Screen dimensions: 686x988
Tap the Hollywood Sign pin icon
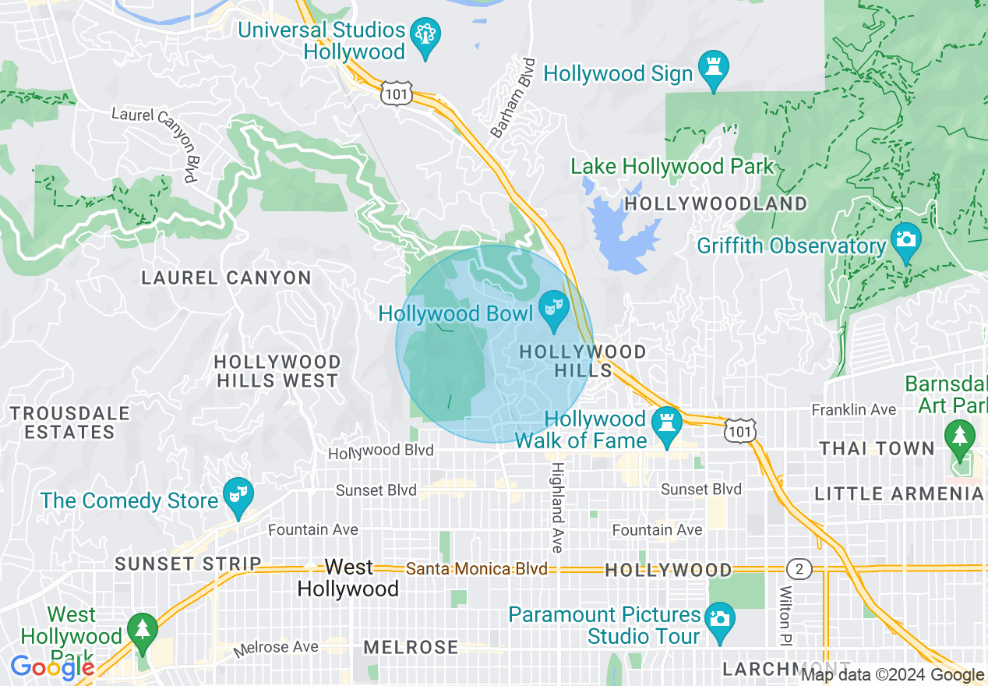714,69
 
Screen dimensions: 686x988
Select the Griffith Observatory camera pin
905,240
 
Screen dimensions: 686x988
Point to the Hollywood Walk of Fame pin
667,425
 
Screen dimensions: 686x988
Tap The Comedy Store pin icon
238,495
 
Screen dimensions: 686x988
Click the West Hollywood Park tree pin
141,629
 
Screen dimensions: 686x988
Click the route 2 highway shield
798,569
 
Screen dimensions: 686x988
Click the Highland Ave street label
558,507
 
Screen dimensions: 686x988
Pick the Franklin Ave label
853,409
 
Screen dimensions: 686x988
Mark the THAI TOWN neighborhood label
877,448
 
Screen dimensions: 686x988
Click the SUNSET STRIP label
188,564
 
